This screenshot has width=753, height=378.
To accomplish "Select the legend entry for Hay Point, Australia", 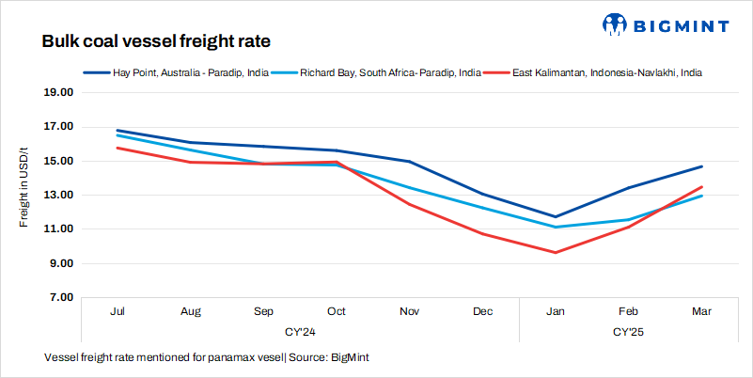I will click(179, 71).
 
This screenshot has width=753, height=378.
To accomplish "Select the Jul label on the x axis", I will click(118, 310).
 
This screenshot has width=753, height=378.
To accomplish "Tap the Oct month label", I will click(337, 310).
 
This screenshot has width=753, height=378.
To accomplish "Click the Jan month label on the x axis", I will click(555, 310).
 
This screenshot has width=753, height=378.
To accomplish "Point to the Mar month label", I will click(700, 310).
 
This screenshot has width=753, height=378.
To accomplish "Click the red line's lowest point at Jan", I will click(555, 252).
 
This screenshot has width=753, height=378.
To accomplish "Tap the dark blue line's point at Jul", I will click(118, 131).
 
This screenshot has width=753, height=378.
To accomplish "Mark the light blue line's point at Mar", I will click(700, 196).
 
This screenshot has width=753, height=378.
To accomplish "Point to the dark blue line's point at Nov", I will click(409, 162).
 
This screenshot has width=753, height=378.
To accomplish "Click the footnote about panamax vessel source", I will click(212, 358).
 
